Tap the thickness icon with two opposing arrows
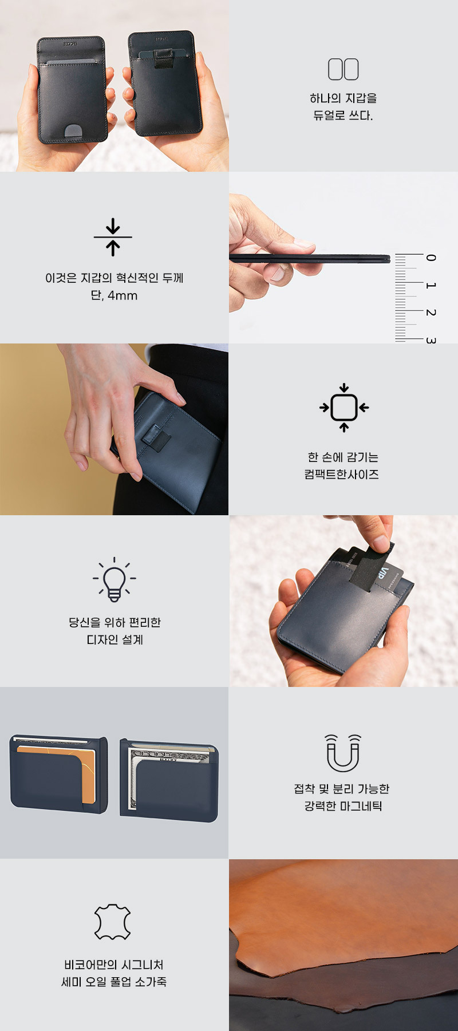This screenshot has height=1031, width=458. pyautogui.click(x=113, y=236)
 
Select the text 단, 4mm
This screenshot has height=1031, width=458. pyautogui.click(x=114, y=295)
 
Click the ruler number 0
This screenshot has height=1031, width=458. pyautogui.click(x=431, y=258)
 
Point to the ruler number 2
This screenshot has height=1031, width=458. pyautogui.click(x=431, y=313)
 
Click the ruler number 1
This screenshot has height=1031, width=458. pyautogui.click(x=431, y=285)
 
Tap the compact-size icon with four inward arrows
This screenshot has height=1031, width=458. pyautogui.click(x=343, y=408)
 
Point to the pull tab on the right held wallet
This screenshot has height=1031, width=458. pyautogui.click(x=164, y=58)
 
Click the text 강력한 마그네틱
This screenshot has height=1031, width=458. pyautogui.click(x=343, y=806)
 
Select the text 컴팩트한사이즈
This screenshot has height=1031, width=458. pyautogui.click(x=342, y=474)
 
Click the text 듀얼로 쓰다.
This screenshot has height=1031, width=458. pyautogui.click(x=343, y=116)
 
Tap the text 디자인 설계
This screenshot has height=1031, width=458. pyautogui.click(x=114, y=639)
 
